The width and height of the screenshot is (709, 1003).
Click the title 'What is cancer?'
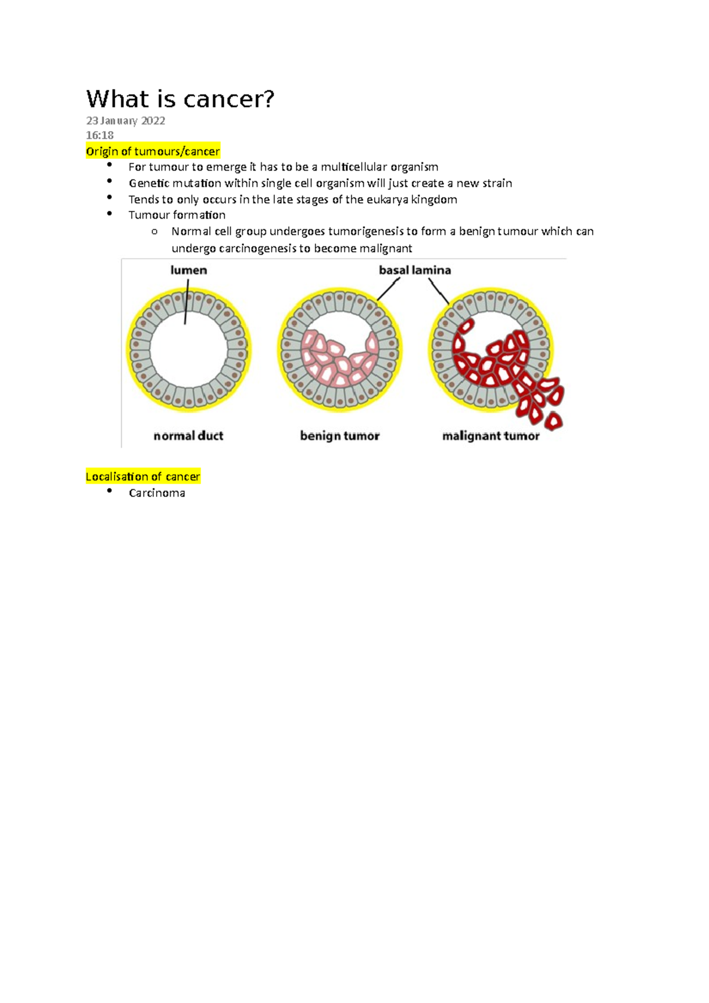click(180, 99)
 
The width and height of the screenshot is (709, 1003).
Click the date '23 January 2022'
click(125, 121)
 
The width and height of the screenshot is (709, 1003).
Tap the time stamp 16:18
click(100, 135)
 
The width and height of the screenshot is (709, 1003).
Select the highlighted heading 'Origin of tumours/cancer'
click(152, 151)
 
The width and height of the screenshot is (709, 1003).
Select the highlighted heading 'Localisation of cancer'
click(142, 477)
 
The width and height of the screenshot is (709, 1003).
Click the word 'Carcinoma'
click(157, 493)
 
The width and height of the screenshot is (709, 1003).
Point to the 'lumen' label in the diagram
click(188, 271)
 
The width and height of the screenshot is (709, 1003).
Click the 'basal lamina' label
click(415, 271)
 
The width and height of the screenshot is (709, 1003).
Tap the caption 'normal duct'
click(188, 436)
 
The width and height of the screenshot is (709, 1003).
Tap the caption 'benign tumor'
click(340, 436)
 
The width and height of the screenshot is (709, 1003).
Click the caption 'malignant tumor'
click(490, 436)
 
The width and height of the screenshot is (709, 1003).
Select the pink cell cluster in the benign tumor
click(337, 360)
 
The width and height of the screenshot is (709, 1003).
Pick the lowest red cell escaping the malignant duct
click(554, 421)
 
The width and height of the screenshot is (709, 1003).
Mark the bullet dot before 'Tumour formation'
click(110, 214)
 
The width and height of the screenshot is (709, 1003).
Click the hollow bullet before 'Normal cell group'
click(154, 232)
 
